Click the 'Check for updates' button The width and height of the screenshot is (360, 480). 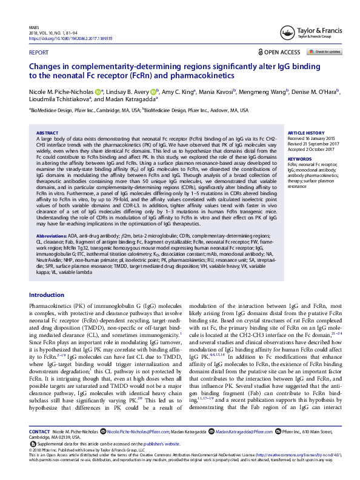point(327,52)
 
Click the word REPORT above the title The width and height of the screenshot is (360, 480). point(39,53)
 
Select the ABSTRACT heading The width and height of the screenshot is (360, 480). point(47,132)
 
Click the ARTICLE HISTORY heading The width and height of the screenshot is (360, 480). point(307,132)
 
